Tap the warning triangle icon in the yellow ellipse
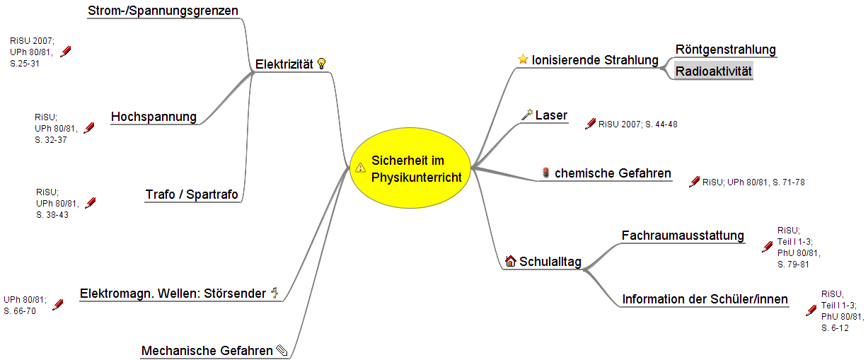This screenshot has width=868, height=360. (360, 168)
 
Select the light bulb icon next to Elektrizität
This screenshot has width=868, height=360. (321, 64)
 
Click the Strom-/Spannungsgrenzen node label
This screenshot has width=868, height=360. (163, 11)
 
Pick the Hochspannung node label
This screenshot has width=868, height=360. (154, 117)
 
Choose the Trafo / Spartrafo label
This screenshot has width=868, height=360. (192, 194)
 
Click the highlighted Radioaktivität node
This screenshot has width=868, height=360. (713, 71)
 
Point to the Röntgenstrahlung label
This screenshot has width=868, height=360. (725, 50)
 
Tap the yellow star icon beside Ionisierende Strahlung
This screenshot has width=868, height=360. (523, 59)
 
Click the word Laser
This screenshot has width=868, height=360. (551, 115)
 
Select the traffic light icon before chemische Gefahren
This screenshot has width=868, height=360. (545, 173)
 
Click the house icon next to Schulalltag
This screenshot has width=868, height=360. (511, 261)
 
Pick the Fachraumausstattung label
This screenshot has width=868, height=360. (683, 236)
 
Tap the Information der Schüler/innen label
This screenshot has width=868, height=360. (705, 299)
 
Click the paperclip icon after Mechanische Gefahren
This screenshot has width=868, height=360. (282, 350)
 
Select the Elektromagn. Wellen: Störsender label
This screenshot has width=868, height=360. (173, 294)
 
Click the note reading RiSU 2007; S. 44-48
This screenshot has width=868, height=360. (637, 124)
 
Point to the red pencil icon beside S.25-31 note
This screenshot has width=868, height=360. (66, 52)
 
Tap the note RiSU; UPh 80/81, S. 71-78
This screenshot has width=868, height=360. (753, 182)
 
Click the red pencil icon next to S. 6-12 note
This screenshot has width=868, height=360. (811, 310)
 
